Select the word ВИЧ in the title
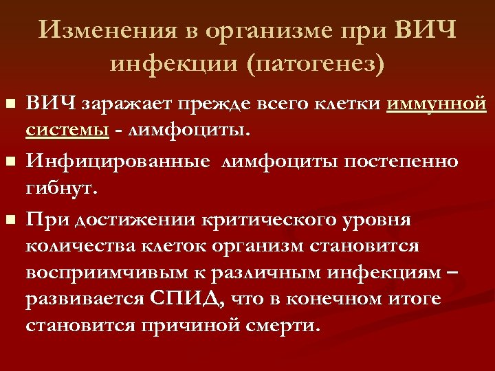pos(426,31)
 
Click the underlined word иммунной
pos(437,104)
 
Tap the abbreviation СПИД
pos(185,299)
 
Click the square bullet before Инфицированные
pos(9,163)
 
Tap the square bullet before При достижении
pos(9,221)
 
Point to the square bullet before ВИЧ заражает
pos(9,104)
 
